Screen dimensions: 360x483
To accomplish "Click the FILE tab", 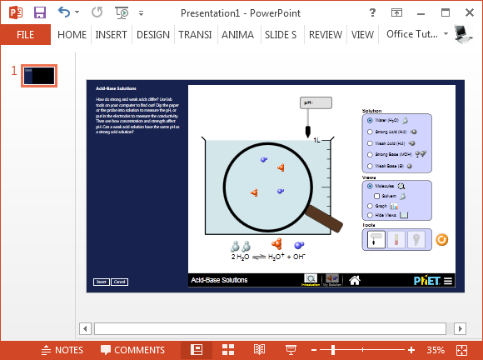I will pos(25,35).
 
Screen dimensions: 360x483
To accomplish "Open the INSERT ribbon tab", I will pos(111,35).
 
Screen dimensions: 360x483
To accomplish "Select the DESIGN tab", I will pos(152,35).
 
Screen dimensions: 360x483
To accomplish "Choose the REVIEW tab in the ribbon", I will pos(325,35).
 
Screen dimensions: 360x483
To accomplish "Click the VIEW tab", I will pos(362,35).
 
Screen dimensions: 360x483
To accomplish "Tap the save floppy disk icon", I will pos(40,12).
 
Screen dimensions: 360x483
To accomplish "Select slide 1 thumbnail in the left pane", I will pos(39,76).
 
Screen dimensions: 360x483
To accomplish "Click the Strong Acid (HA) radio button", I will pos(370,132).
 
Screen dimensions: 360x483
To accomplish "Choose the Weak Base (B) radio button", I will pos(370,166).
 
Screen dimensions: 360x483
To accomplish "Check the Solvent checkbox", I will pos(376,196).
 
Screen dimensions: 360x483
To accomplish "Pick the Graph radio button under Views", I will pos(370,206).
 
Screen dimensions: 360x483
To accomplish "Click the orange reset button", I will pos(442,240).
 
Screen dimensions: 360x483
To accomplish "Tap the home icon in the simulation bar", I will pos(355,280).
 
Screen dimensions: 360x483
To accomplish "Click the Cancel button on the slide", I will pos(119,282).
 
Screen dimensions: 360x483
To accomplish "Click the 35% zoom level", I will pos(436,350).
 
